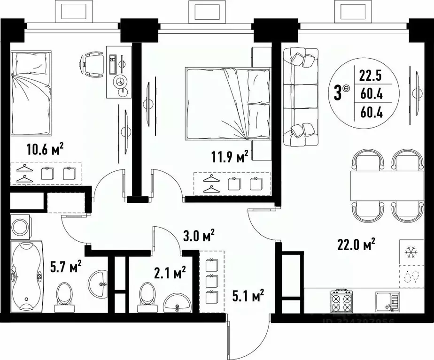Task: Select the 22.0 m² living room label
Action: [356, 244]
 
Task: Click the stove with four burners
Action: [341, 302]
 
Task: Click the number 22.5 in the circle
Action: [371, 75]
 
